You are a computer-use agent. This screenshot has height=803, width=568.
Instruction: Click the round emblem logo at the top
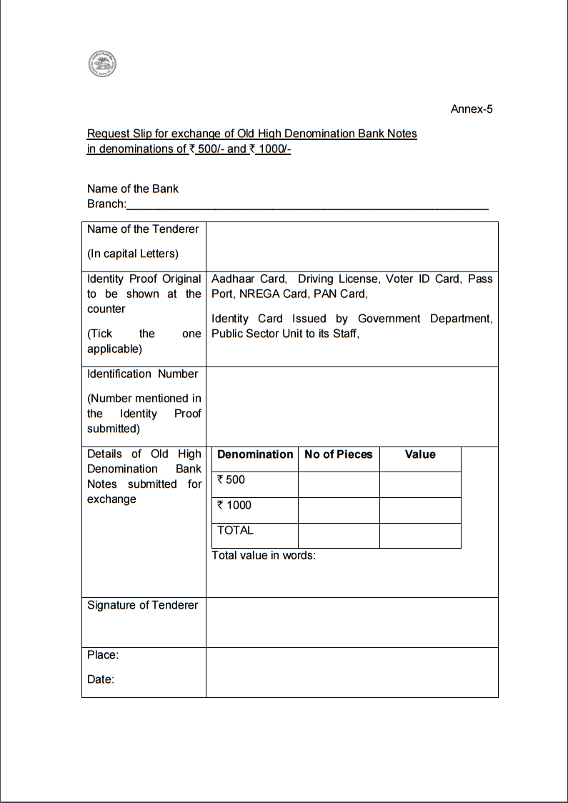102,64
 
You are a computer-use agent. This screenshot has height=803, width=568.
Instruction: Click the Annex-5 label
471,109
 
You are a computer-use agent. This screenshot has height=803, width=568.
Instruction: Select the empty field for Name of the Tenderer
352,246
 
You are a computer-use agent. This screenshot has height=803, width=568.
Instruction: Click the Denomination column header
255,454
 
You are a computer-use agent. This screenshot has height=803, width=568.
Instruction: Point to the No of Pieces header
338,454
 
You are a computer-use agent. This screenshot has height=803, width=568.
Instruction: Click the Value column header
420,454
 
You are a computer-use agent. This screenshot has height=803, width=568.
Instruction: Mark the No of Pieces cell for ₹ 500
338,484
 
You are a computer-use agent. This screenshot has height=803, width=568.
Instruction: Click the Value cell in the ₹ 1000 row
420,510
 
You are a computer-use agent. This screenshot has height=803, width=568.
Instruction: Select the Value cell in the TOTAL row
420,535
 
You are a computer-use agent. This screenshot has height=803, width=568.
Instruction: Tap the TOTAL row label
235,530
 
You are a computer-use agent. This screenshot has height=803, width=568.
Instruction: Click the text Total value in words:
264,555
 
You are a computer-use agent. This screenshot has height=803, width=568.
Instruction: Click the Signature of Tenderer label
142,605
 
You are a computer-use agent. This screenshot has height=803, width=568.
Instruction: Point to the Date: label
101,679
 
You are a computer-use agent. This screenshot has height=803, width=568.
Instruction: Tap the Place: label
103,655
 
